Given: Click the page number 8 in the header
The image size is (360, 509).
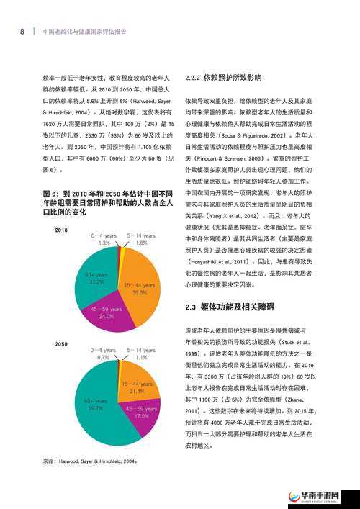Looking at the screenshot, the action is click(x=22, y=32).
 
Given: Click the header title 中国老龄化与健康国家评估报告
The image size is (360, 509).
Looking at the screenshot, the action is click(x=85, y=32).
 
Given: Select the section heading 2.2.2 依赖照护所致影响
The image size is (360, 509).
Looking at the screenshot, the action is click(x=223, y=77).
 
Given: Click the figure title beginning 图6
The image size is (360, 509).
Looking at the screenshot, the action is click(x=108, y=203).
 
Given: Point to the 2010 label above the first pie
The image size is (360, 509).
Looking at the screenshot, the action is click(x=61, y=230).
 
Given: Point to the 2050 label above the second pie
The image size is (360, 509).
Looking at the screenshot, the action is click(x=61, y=344).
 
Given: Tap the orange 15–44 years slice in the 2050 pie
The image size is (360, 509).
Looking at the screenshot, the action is click(x=138, y=389).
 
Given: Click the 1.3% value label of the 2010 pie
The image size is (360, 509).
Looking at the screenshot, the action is click(x=104, y=243).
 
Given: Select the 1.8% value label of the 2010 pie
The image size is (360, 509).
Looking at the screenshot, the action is click(x=141, y=243).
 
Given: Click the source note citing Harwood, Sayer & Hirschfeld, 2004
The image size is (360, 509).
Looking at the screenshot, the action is click(x=90, y=461).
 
